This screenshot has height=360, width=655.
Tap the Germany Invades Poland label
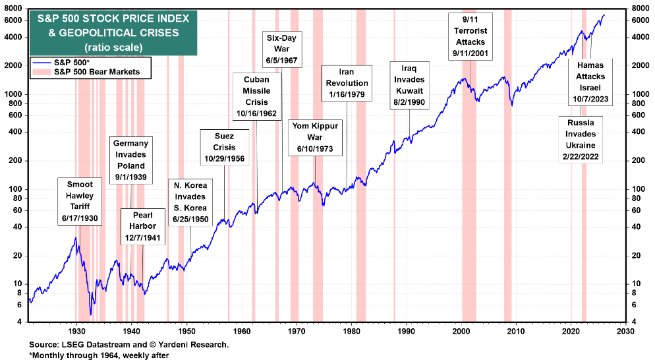pos(130,160)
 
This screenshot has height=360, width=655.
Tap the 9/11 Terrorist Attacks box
pos(470,36)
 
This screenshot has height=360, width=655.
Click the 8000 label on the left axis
pos(14,9)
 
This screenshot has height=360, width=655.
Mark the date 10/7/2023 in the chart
pos(590,100)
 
